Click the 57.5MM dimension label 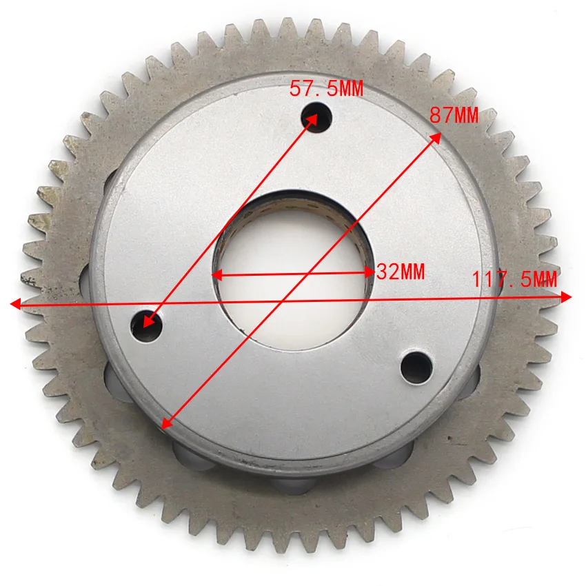(x=326, y=88)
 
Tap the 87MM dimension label (x=454, y=114)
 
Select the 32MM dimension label (x=401, y=272)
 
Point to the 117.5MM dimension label (x=514, y=279)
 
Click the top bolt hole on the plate (x=316, y=117)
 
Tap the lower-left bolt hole (x=146, y=326)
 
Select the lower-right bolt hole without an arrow (x=416, y=367)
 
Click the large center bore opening (x=294, y=271)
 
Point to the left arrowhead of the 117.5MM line (x=16, y=304)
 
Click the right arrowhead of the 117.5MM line (x=566, y=297)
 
